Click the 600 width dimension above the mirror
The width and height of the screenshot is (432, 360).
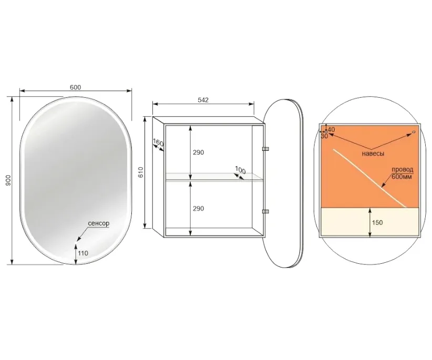click(75, 87)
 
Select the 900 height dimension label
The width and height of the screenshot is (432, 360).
click(8, 180)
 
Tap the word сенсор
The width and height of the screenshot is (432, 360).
click(99, 223)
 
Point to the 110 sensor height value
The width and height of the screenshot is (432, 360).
click(83, 253)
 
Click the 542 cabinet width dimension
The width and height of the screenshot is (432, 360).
click(203, 100)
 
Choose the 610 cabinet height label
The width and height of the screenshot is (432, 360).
click(141, 172)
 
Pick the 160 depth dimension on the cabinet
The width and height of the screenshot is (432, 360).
click(158, 143)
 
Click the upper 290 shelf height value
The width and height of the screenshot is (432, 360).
click(198, 152)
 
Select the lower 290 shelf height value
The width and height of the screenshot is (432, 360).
click(198, 209)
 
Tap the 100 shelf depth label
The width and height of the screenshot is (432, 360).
click(240, 170)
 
